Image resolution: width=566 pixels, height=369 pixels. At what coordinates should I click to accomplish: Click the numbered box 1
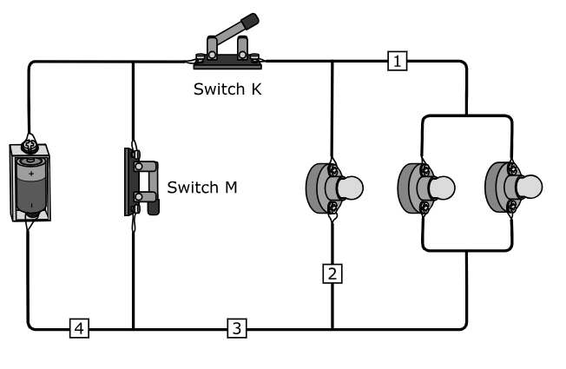[x=397, y=61]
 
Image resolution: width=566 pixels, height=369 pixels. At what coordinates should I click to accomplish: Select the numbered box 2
[x=332, y=273]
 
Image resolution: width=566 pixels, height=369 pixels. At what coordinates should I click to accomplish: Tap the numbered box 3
[x=237, y=328]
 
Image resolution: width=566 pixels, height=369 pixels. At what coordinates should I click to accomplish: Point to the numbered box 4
[x=79, y=328]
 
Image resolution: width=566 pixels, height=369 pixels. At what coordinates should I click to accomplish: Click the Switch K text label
[x=227, y=89]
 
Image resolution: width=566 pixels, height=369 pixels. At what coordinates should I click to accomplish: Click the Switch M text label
[x=201, y=188]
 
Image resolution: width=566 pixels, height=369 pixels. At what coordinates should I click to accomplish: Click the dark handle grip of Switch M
[x=154, y=208]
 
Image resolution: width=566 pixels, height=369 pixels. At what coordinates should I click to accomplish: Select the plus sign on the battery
[x=31, y=174]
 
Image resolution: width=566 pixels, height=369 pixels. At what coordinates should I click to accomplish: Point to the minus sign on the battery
[x=32, y=206]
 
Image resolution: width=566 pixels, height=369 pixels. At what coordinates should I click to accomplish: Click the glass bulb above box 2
[x=350, y=188]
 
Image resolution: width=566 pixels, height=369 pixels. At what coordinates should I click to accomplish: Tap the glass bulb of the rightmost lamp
[x=530, y=187]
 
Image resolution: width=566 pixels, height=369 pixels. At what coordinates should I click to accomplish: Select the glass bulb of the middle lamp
[x=442, y=188]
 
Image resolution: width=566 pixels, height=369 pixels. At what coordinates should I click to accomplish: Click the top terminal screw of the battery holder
[x=28, y=146]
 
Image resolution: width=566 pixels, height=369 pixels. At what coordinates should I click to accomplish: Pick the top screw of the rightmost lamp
[x=512, y=168]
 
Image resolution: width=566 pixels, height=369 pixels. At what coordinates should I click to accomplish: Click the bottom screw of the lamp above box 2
[x=332, y=208]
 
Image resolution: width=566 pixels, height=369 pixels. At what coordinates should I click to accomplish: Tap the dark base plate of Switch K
[x=227, y=63]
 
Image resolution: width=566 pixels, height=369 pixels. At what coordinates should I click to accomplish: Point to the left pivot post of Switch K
[x=212, y=47]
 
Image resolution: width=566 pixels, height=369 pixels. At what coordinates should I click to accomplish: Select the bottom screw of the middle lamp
[x=424, y=208]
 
